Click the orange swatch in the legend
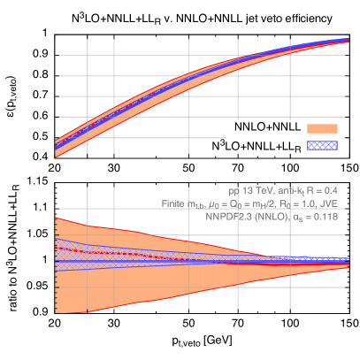(322, 129)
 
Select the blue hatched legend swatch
(322, 144)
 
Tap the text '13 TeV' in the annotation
(257, 190)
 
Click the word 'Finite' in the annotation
(174, 203)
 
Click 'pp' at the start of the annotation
(234, 190)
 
